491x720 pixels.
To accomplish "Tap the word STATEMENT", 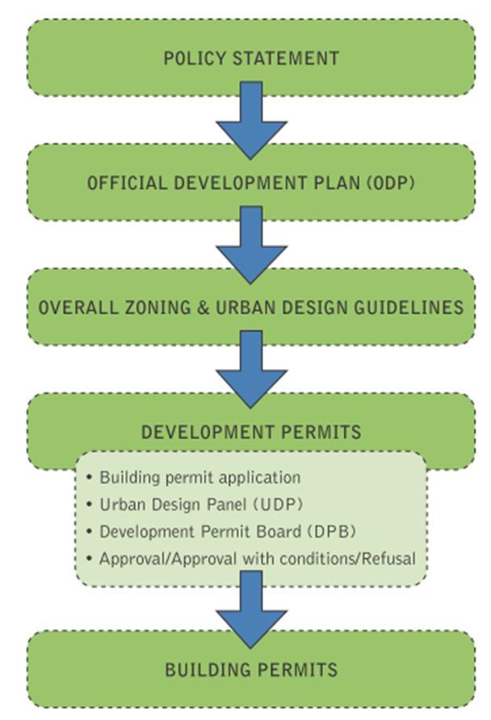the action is [x=286, y=58].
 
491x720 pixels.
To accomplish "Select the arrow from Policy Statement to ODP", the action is [x=251, y=120].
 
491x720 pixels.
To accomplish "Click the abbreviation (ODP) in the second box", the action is [x=392, y=182].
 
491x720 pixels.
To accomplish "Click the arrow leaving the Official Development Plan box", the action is [x=251, y=245].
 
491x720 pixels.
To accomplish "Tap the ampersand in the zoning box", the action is [x=203, y=308].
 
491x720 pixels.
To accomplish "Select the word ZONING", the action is [x=157, y=308].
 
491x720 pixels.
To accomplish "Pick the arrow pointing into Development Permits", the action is [x=251, y=369].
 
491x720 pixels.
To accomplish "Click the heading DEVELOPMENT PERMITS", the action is [x=251, y=432].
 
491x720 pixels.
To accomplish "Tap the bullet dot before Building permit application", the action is [x=90, y=478].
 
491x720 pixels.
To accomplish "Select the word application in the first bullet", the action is [x=259, y=479].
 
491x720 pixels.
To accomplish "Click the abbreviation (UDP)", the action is [x=279, y=504].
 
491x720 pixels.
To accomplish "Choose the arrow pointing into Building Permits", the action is [x=251, y=609].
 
